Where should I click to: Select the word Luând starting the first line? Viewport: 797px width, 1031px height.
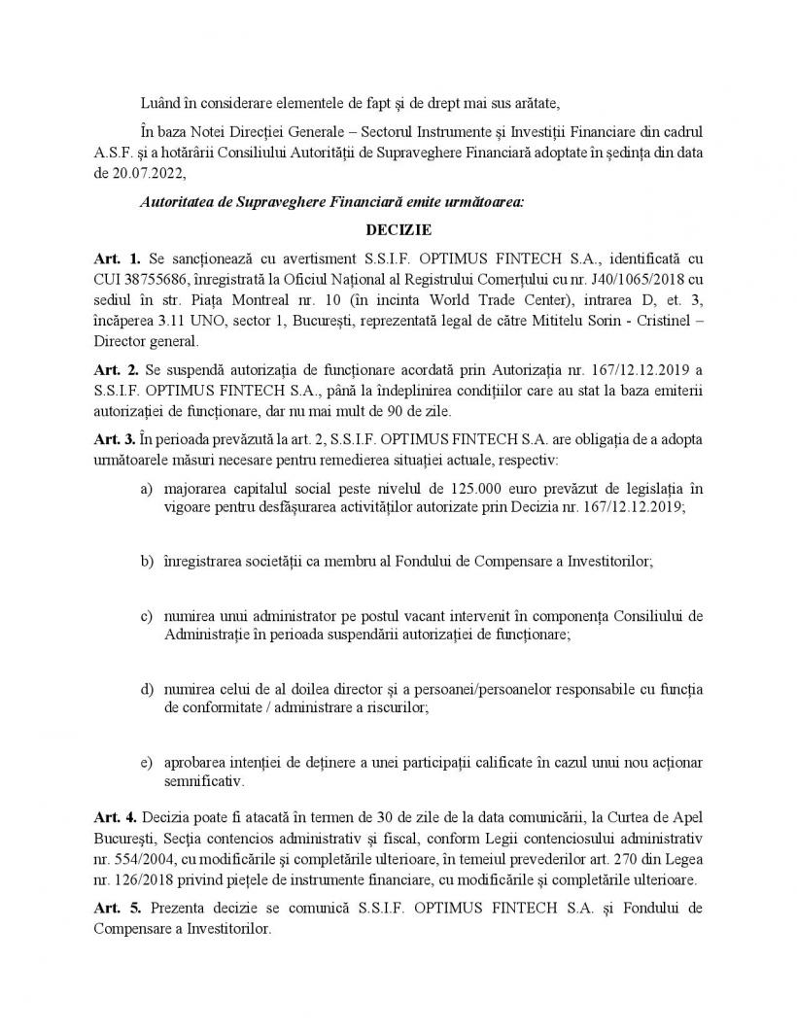pyautogui.click(x=161, y=104)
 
